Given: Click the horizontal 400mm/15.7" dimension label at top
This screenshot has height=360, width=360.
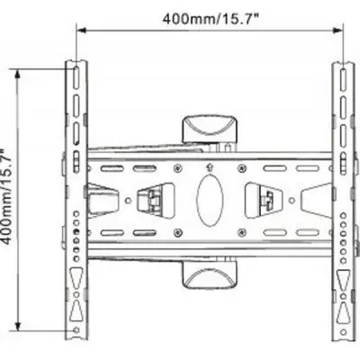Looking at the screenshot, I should [211, 17].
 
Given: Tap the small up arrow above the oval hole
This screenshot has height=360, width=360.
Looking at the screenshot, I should [209, 167].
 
